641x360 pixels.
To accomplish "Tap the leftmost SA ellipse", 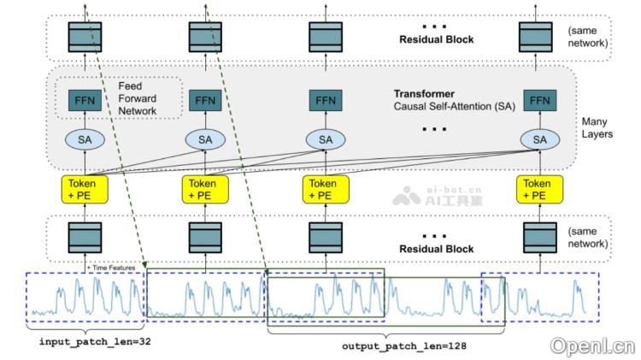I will click(85, 139).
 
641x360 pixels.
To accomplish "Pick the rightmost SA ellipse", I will click(539, 139).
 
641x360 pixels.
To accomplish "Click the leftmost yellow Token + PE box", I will click(85, 188).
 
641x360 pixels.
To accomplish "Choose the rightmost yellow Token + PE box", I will click(539, 188).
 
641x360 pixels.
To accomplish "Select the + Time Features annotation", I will click(110, 268).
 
